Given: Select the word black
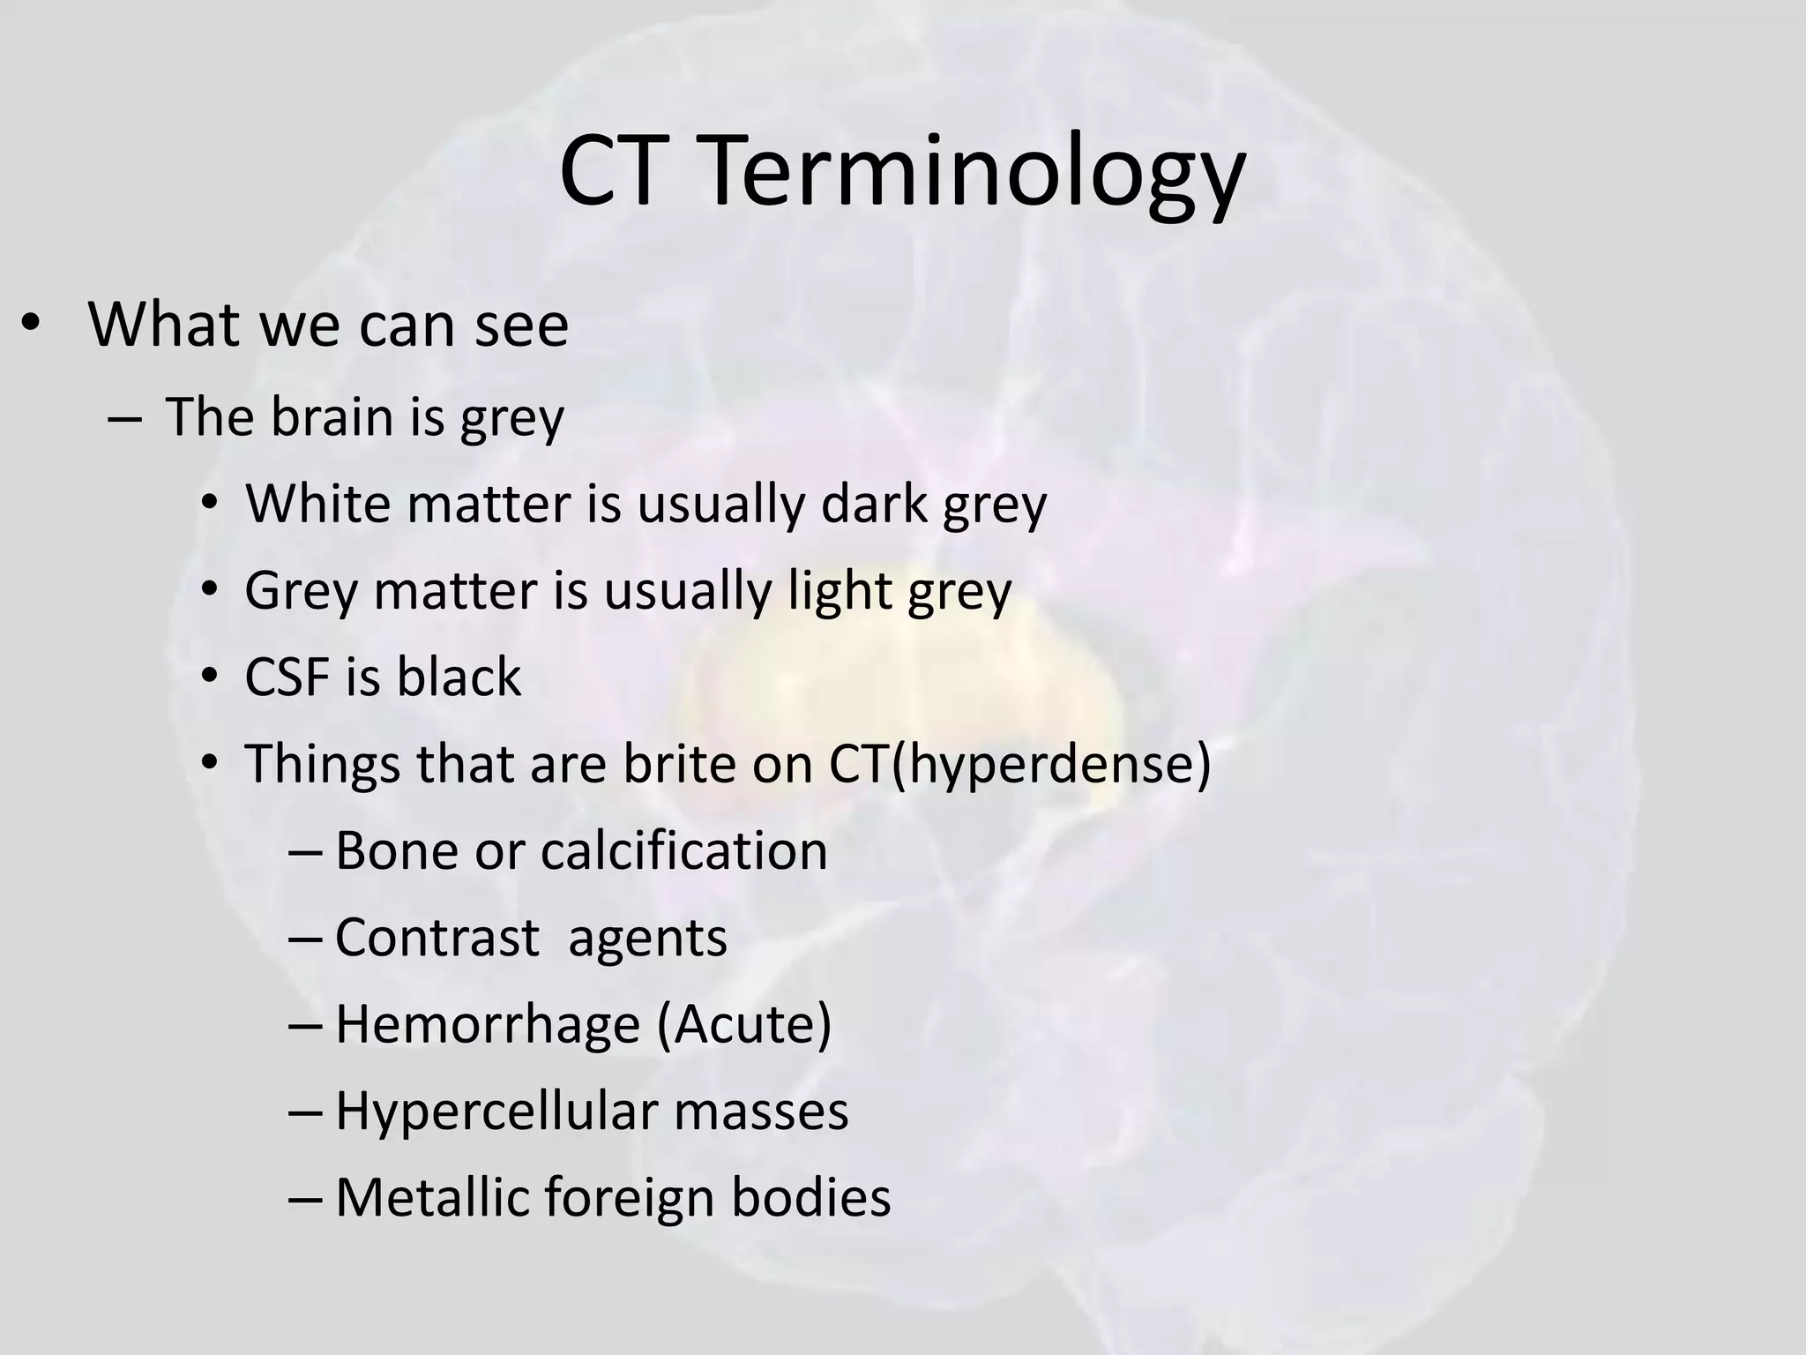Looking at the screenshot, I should pyautogui.click(x=459, y=677).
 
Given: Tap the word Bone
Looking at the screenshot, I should pyautogui.click(x=397, y=850).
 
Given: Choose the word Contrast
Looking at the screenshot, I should pyautogui.click(x=437, y=937).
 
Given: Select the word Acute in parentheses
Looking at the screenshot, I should pyautogui.click(x=743, y=1024).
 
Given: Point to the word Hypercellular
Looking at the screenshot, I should pyautogui.click(x=497, y=1112).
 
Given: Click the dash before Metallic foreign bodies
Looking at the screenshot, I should pyautogui.click(x=305, y=1199).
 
